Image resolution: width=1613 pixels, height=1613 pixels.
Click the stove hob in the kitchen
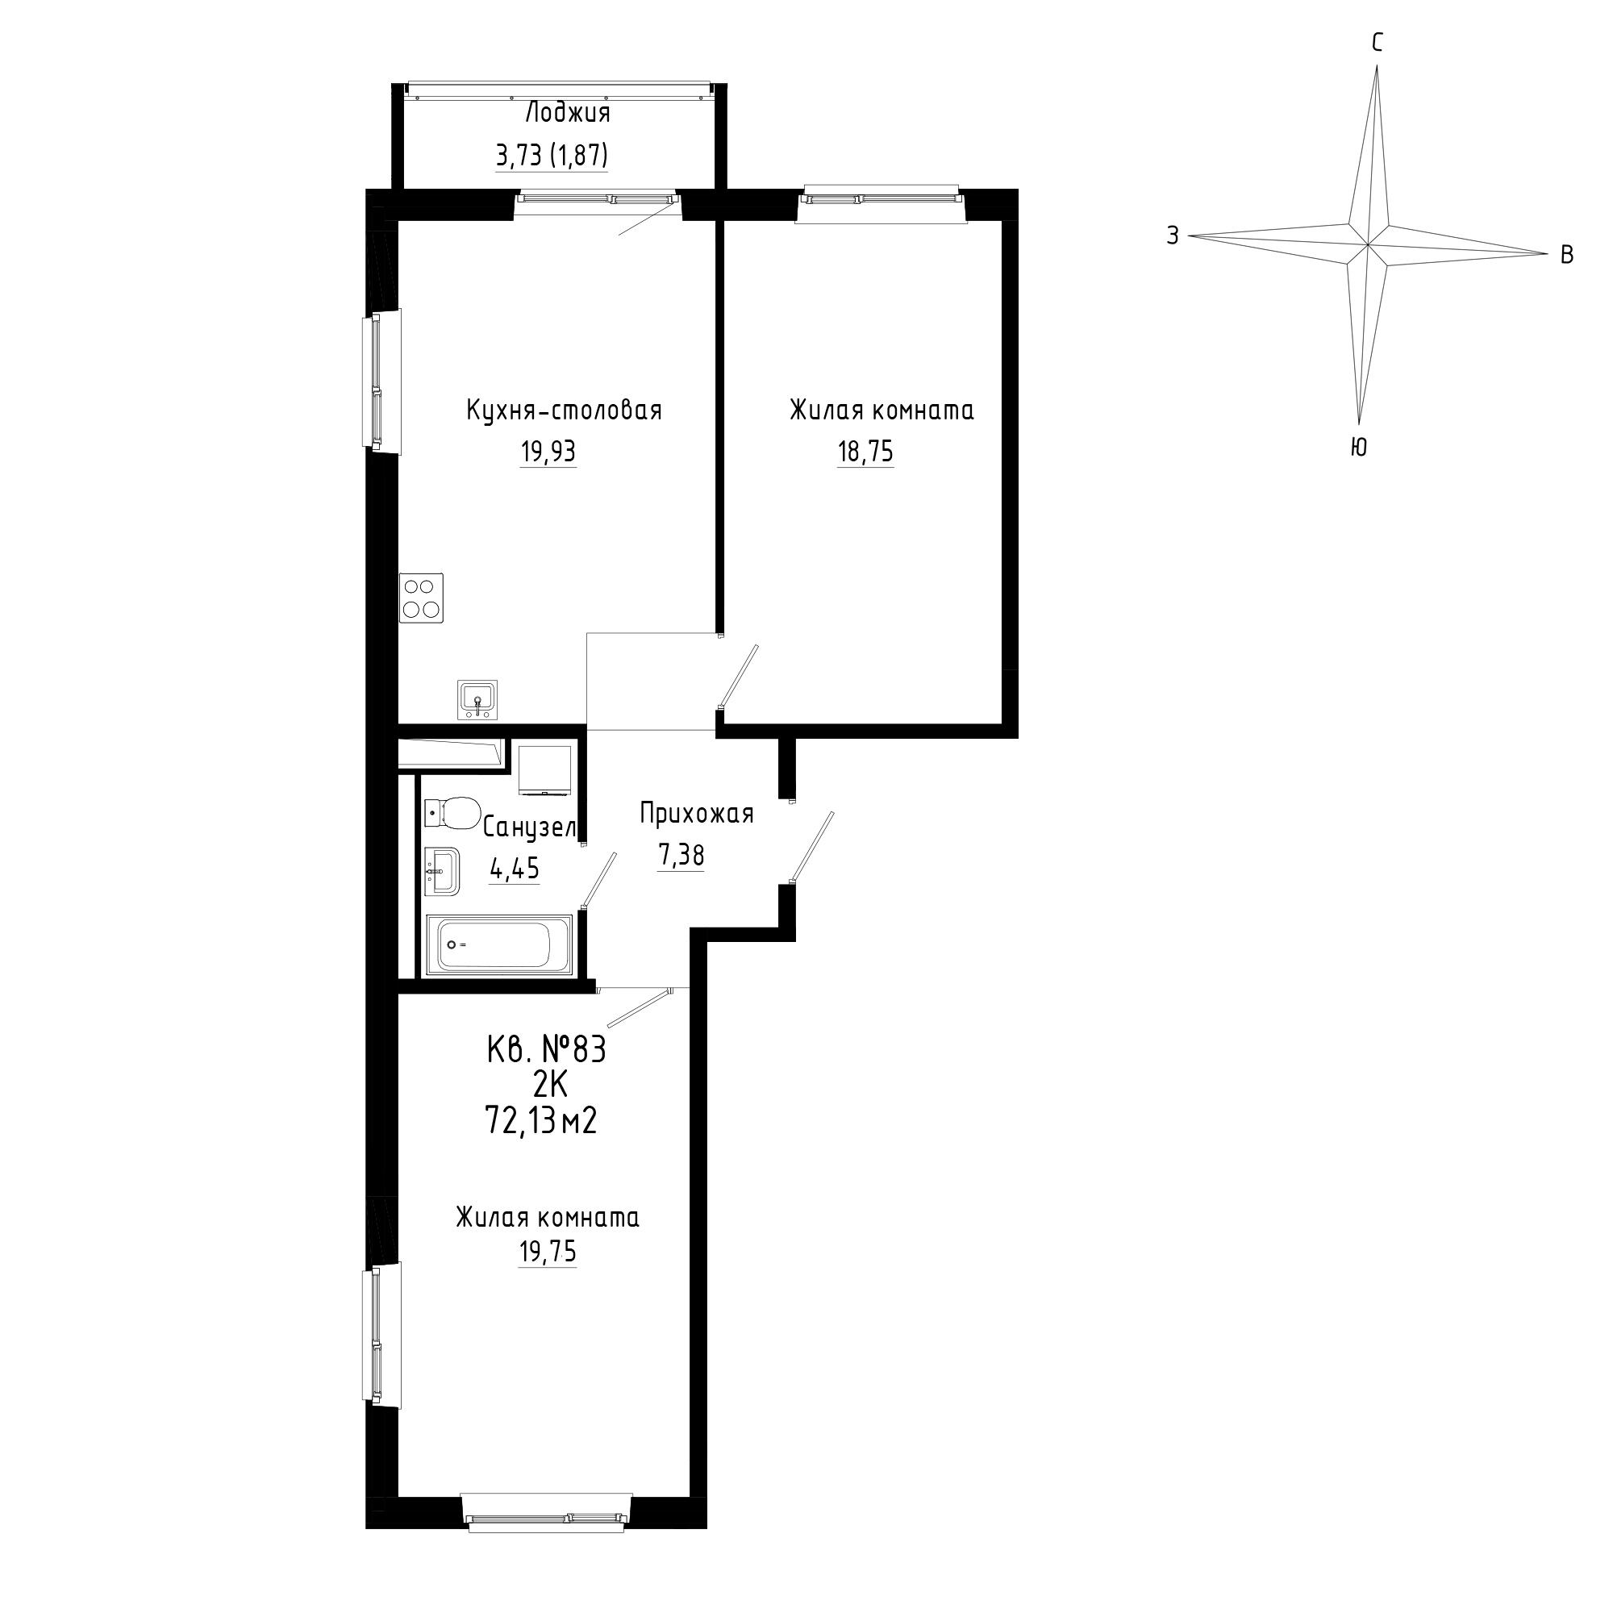[421, 598]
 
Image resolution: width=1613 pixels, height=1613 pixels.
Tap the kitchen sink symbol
[477, 699]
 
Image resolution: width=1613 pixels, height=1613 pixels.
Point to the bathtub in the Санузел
[499, 945]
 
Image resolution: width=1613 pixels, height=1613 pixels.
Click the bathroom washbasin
[442, 873]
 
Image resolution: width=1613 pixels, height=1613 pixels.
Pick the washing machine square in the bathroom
[545, 769]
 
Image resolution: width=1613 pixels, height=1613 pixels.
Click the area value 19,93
[548, 452]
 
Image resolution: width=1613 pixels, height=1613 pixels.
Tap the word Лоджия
[568, 114]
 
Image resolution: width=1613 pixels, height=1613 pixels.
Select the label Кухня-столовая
[564, 411]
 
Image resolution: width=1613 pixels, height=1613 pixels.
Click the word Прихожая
[697, 813]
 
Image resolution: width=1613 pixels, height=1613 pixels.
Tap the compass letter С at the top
[1378, 43]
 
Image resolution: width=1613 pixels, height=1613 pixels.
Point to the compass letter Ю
[1358, 448]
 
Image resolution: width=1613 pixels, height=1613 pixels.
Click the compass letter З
[1173, 236]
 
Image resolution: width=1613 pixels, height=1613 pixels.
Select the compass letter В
[1567, 255]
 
